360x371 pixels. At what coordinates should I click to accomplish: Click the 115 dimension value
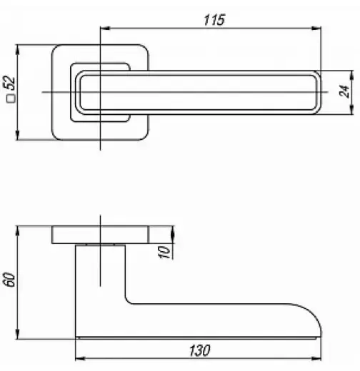click(x=214, y=20)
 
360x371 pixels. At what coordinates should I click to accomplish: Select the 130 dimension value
click(x=200, y=350)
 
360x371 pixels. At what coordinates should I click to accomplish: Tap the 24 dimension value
click(x=344, y=91)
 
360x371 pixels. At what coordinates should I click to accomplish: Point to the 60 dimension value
click(x=9, y=280)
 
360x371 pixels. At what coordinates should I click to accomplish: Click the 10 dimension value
click(x=164, y=252)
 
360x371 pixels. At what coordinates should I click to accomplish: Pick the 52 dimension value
click(x=9, y=83)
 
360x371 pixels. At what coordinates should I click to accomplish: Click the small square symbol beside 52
click(x=11, y=98)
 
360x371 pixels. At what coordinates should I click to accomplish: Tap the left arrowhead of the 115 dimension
click(x=105, y=29)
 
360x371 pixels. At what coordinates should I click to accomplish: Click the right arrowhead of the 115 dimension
click(x=316, y=29)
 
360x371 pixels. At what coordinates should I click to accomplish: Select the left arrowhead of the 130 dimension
click(x=80, y=358)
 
